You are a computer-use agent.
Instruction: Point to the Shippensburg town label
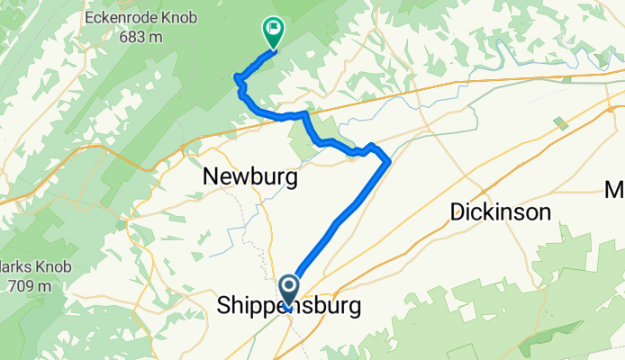[290, 307]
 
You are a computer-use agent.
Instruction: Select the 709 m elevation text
[31, 286]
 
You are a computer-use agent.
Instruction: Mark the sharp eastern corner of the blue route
[389, 162]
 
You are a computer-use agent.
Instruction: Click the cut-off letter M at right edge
[615, 190]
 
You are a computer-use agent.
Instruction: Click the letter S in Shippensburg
[225, 307]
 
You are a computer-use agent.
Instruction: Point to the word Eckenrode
[113, 16]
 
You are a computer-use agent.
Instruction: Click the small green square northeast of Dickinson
[560, 122]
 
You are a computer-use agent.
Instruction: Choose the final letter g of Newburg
[290, 180]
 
